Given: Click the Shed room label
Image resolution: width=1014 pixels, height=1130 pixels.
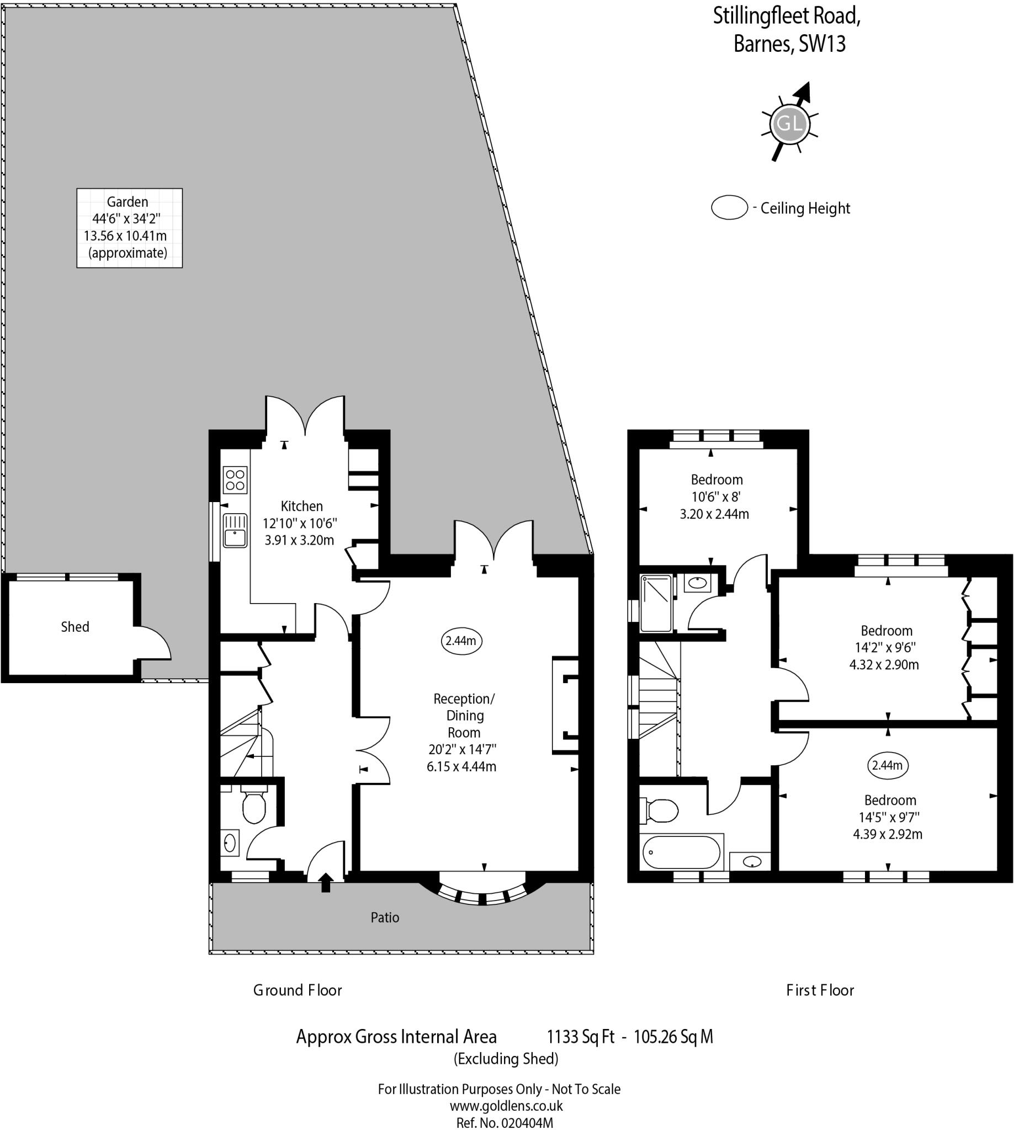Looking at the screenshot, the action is point(75,627).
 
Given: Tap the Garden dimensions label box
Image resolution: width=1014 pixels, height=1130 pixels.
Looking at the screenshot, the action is point(129,228).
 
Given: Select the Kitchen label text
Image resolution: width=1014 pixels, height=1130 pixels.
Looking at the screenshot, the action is point(301,507).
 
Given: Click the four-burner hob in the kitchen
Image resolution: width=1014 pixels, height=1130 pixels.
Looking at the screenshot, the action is point(235,480).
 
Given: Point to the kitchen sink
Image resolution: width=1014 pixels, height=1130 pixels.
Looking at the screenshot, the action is point(235,530).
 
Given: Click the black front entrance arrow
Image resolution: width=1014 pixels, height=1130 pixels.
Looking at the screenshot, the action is point(326,882).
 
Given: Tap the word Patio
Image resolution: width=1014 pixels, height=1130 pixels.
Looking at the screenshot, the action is point(385,917).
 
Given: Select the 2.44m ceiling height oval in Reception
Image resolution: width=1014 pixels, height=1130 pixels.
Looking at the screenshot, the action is point(461,641).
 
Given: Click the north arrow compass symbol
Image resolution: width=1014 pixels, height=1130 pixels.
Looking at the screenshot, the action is point(790,122).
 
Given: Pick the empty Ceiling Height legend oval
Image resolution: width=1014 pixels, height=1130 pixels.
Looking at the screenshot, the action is point(729,207).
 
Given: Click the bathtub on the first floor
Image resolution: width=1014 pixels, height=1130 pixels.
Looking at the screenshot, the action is point(681,852).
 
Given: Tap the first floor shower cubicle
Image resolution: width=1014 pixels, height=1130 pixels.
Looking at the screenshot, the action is point(656,603).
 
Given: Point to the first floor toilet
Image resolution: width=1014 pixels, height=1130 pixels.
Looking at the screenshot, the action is point(661,811).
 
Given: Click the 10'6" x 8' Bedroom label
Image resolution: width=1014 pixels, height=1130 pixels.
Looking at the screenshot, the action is point(716,497).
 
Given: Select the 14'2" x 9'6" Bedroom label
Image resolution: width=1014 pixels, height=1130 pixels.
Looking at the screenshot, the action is point(886,648).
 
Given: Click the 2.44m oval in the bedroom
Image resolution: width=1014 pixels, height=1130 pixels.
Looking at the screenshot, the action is point(888,765).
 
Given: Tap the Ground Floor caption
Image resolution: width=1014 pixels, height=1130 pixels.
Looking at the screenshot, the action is point(298,990).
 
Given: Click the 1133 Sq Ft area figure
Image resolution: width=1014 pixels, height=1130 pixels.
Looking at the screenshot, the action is point(581,1037).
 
